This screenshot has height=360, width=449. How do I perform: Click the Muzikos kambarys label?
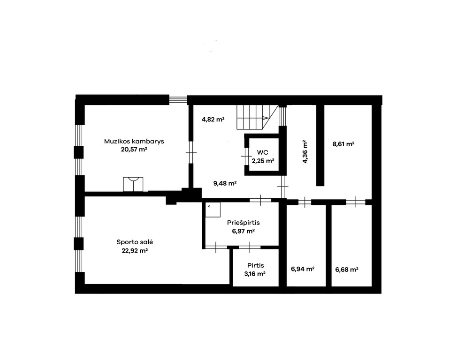134,142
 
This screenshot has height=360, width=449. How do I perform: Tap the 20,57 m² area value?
134,150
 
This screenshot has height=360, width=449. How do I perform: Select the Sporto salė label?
135,242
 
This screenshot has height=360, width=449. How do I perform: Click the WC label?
263,152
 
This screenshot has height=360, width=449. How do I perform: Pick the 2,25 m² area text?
263,161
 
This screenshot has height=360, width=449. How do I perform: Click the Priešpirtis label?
244,223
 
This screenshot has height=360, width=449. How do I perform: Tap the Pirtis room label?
256,266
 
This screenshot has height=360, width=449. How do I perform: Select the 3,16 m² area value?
255,274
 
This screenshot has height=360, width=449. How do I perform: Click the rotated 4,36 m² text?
305,152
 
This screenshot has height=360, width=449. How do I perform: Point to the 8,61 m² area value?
343,144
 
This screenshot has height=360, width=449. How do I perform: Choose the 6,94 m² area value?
303,269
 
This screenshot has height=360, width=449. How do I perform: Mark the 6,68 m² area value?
347,270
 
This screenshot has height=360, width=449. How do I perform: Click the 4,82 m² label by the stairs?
213,120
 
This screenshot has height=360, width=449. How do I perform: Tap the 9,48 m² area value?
225,183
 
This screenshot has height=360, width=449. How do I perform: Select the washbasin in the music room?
133,184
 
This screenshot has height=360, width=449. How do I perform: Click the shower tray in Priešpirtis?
213,210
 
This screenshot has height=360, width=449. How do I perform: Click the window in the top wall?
178,99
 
